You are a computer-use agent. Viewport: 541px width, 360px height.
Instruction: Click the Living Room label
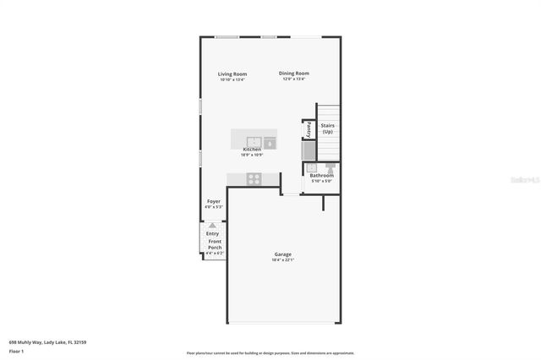pyautogui.click(x=232, y=74)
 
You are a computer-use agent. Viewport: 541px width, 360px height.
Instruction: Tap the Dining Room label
pyautogui.click(x=294, y=74)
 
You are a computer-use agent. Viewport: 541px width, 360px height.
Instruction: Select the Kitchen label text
pyautogui.click(x=252, y=150)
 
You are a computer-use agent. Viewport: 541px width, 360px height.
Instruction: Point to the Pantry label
pyautogui.click(x=309, y=130)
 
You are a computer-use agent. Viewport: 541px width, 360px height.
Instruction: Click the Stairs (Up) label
pyautogui.click(x=327, y=128)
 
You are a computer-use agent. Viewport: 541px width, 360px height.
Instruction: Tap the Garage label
pyautogui.click(x=282, y=254)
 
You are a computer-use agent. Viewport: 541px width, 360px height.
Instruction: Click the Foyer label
pyautogui.click(x=214, y=202)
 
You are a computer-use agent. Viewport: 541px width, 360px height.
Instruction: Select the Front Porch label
pyautogui.click(x=214, y=244)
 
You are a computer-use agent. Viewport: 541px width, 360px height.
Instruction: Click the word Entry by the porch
pyautogui.click(x=212, y=233)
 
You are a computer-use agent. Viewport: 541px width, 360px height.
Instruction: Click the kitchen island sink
pyautogui.click(x=253, y=140)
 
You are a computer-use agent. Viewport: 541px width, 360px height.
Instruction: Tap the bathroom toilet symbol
pyautogui.click(x=332, y=168)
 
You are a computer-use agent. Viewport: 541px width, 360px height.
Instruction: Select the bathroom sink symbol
pyautogui.click(x=311, y=168)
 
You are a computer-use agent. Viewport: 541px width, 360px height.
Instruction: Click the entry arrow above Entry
pyautogui.click(x=213, y=226)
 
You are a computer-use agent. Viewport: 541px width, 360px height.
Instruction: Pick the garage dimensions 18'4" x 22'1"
pyautogui.click(x=282, y=260)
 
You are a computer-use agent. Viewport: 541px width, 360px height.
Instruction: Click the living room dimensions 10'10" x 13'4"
pyautogui.click(x=232, y=80)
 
